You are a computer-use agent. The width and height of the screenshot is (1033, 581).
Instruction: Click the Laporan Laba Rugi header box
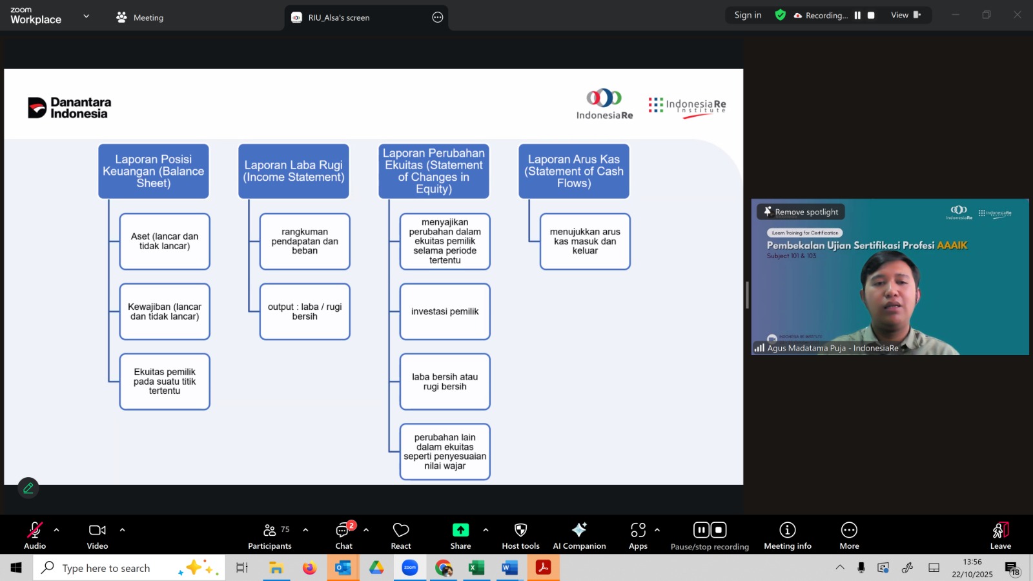click(294, 171)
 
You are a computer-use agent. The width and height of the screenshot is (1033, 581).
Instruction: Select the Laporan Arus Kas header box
click(574, 171)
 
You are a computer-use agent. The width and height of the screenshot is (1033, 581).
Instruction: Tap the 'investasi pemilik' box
click(445, 311)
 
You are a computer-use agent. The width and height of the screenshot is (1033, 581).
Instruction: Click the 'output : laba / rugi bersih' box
click(305, 311)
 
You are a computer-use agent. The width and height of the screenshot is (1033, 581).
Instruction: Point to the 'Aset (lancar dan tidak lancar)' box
click(165, 241)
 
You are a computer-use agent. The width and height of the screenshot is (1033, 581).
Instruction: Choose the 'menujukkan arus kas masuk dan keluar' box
click(585, 241)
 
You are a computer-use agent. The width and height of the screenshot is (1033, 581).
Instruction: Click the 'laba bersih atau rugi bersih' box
click(445, 382)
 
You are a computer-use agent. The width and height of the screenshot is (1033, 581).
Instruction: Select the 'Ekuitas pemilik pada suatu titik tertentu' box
click(165, 382)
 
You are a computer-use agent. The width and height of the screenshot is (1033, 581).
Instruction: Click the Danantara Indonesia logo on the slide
click(70, 108)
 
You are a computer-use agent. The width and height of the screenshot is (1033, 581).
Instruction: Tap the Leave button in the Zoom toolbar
click(1000, 535)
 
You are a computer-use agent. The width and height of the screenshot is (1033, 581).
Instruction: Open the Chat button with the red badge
click(343, 535)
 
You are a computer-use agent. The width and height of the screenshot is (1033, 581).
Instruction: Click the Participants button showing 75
click(270, 535)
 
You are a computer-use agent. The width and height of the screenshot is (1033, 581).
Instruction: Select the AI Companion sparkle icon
click(579, 530)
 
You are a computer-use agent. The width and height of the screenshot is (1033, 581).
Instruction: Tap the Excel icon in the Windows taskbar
click(476, 568)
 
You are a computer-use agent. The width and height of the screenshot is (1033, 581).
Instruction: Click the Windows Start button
click(16, 568)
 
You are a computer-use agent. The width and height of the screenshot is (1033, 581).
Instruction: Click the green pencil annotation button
click(28, 488)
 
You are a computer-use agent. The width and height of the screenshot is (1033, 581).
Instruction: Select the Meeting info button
click(788, 535)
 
